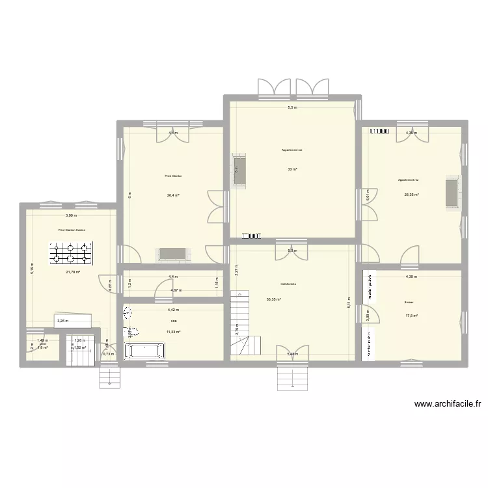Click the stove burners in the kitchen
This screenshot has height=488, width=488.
(73, 254)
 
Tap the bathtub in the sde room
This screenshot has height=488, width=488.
(146, 351)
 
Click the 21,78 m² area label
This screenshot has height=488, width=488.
(72, 272)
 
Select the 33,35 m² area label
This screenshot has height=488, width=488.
(273, 299)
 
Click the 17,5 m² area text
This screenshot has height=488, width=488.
(411, 316)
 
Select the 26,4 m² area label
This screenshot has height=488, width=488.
(173, 194)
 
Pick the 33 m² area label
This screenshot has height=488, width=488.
(292, 169)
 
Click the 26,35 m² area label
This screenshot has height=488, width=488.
(411, 194)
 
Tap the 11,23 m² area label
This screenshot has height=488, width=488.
(173, 332)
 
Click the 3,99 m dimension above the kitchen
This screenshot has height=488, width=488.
(70, 215)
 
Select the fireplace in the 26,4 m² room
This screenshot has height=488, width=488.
(173, 254)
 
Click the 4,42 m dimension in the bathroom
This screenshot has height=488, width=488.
(173, 310)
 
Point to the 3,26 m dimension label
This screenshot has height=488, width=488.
(62, 320)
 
